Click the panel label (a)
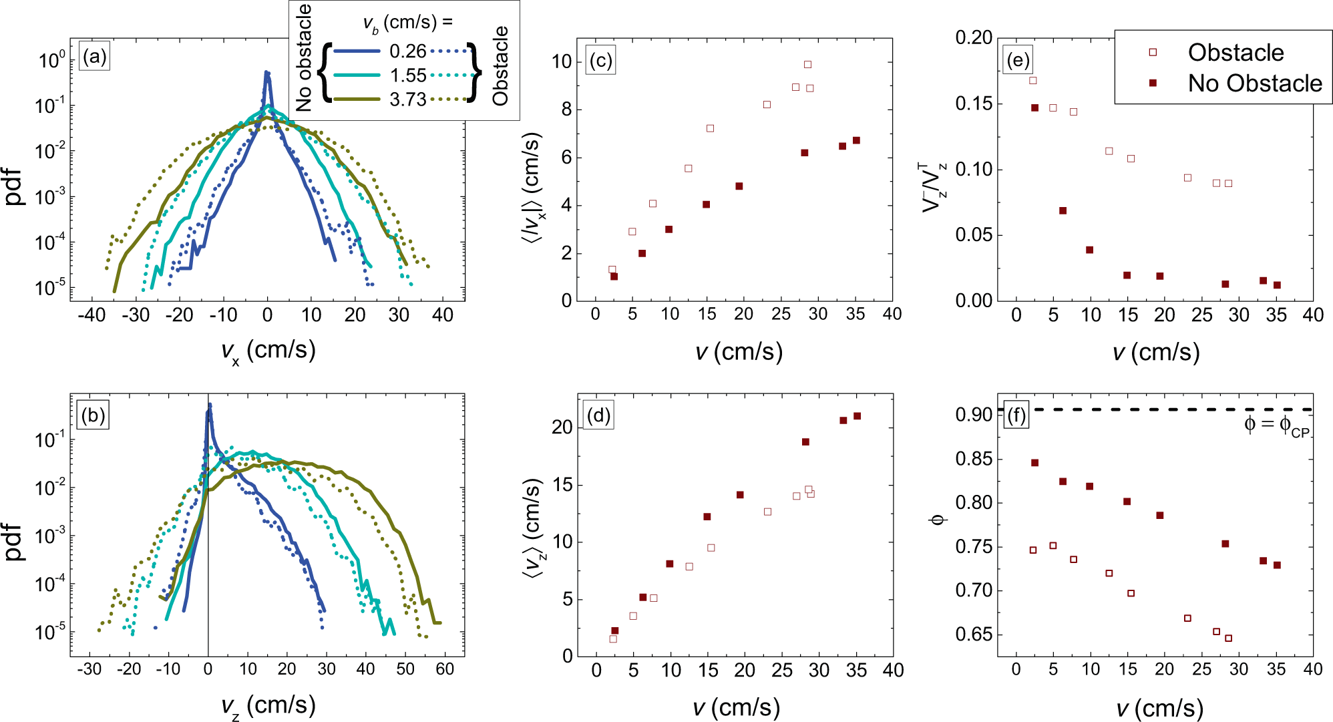(93, 57)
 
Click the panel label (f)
(1016, 416)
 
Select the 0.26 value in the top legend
(407, 51)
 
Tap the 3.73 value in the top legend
(407, 100)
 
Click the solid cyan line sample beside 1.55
(357, 75)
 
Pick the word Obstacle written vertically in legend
(500, 65)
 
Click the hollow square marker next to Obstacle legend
(1152, 52)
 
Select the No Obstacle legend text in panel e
(1254, 83)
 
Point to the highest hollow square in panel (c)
(807, 65)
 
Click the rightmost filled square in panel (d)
(857, 416)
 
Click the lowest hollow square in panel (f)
(1228, 639)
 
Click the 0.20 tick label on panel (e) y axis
(974, 37)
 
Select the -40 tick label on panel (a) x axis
(91, 315)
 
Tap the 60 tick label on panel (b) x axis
(444, 669)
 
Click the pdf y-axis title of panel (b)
(15, 542)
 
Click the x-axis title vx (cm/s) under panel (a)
(268, 351)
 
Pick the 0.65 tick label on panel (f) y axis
(974, 635)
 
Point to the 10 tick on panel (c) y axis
(562, 62)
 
